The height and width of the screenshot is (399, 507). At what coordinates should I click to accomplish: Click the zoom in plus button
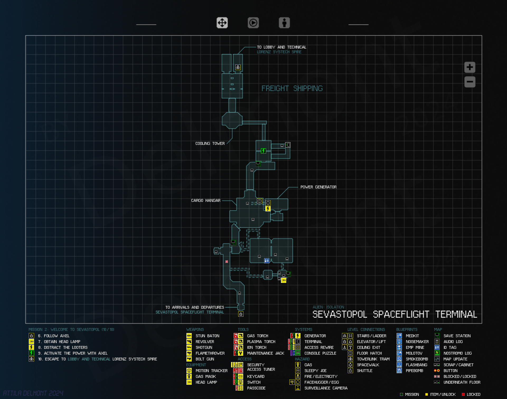(470, 67)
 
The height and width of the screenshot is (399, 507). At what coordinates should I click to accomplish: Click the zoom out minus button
(470, 82)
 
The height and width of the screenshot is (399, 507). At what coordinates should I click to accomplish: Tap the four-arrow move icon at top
(222, 23)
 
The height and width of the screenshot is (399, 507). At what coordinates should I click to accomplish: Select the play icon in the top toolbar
(253, 23)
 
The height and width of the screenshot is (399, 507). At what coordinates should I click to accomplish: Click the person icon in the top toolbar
(284, 23)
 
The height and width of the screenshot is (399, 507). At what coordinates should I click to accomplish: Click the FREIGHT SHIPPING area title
(292, 88)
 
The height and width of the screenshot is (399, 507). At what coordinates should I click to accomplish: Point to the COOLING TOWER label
(210, 144)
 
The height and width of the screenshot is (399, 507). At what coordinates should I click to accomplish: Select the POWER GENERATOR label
(318, 187)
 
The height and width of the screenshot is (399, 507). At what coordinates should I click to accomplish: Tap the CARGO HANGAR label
(206, 201)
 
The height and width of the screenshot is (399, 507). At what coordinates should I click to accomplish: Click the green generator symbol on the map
(263, 151)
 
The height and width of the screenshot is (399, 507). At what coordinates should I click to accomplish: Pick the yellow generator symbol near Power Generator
(268, 209)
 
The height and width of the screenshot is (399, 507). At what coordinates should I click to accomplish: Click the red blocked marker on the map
(227, 262)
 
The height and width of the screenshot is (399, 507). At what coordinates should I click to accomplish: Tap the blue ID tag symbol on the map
(267, 261)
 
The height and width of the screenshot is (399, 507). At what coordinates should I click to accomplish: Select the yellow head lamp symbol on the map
(284, 280)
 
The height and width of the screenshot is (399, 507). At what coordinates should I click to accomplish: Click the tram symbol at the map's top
(238, 67)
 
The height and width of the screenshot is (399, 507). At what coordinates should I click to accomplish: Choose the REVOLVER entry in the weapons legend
(205, 342)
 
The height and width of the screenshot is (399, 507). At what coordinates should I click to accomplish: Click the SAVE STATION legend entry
(457, 336)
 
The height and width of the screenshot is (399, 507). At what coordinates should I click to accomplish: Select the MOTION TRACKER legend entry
(211, 371)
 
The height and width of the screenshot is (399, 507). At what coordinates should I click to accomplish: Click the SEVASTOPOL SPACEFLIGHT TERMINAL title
(395, 314)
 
